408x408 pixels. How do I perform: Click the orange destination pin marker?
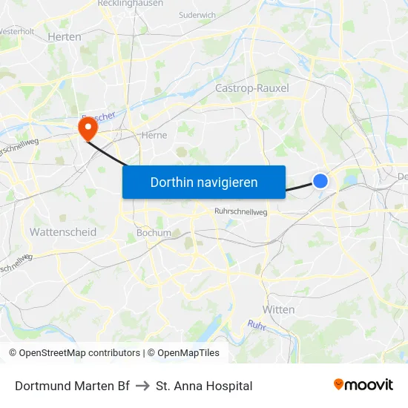click(x=88, y=129)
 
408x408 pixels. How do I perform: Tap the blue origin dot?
click(x=320, y=181)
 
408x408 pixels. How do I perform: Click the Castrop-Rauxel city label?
click(x=251, y=88)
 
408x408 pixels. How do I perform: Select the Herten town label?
click(x=64, y=36)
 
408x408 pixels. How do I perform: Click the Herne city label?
click(x=154, y=135)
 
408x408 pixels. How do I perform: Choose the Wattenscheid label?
click(x=63, y=232)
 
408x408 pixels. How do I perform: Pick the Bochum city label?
click(x=154, y=232)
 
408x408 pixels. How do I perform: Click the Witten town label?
click(x=279, y=309)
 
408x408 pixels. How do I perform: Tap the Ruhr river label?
click(x=257, y=325)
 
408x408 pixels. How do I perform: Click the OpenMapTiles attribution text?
click(x=183, y=353)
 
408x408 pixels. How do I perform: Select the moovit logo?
click(x=363, y=385)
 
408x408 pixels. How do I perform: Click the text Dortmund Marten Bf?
click(x=72, y=386)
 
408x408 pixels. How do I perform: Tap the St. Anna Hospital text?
click(x=204, y=386)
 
